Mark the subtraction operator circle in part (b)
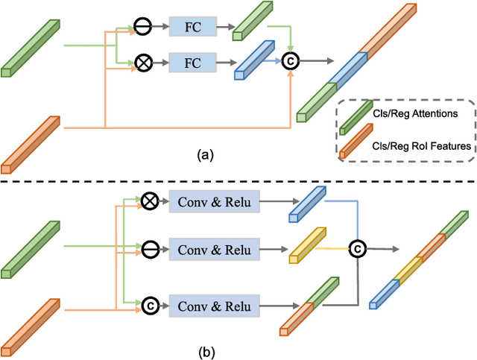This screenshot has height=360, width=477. pyautogui.click(x=149, y=246)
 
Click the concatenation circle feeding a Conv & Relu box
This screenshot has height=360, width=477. pyautogui.click(x=149, y=305)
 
